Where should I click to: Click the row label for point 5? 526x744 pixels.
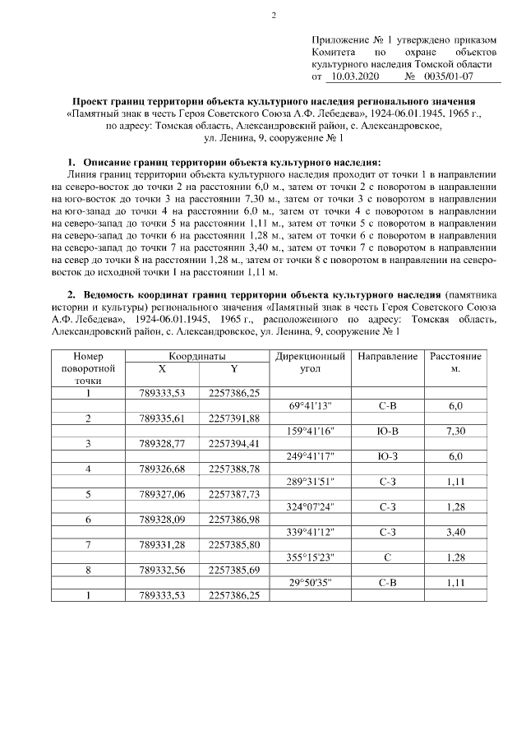pyautogui.click(x=88, y=495)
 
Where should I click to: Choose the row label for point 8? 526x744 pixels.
pyautogui.click(x=88, y=571)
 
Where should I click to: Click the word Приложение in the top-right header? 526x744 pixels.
pyautogui.click(x=341, y=40)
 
